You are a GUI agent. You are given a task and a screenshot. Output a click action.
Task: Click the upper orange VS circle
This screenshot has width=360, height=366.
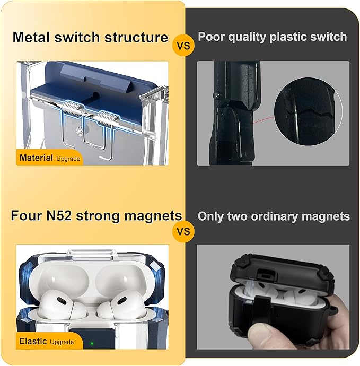[183, 45]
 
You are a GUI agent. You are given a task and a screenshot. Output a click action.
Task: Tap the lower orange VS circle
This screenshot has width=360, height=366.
[183, 231]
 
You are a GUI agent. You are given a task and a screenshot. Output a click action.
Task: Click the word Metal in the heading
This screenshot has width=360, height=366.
[32, 37]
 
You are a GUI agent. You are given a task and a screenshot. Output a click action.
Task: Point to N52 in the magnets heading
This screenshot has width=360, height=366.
[58, 215]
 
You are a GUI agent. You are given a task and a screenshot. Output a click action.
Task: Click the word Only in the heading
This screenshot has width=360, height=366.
[210, 217]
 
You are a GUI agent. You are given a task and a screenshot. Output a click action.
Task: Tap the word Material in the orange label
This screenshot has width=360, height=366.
[36, 158]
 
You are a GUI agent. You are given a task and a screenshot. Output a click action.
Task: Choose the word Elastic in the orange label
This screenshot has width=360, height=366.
[33, 341]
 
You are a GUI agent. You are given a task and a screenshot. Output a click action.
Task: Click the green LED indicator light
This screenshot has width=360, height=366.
[92, 343]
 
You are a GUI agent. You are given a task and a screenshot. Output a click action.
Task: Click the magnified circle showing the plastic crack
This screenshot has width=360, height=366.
[308, 112]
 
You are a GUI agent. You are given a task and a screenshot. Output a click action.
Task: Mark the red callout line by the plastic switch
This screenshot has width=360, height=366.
[264, 119]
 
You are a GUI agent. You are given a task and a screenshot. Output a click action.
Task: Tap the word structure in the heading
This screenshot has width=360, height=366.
[136, 37]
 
